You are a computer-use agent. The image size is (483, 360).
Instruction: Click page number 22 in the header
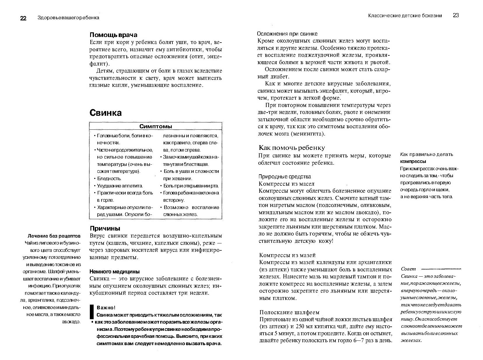(x=23, y=18)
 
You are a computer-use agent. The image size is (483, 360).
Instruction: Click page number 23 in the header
(x=456, y=15)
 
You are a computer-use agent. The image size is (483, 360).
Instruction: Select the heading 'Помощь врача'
(x=113, y=35)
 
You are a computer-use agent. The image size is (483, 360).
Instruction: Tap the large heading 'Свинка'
(x=105, y=113)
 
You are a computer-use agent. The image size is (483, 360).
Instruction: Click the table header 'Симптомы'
(x=155, y=126)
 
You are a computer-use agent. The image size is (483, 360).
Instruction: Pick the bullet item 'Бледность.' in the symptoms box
(x=109, y=178)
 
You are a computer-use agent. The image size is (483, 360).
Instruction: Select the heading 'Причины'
(x=105, y=228)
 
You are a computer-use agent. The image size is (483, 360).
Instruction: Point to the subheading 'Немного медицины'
(x=114, y=271)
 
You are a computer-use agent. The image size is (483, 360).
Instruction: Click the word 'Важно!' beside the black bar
(x=106, y=308)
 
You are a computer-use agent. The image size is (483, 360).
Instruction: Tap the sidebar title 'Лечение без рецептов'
(x=54, y=236)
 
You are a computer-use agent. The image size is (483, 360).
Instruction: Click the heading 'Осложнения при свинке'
(x=287, y=34)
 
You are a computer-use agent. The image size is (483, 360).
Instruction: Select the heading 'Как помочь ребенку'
(x=292, y=147)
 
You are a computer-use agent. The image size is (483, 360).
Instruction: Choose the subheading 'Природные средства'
(x=285, y=176)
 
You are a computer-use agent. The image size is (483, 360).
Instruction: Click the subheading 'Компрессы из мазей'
(x=287, y=255)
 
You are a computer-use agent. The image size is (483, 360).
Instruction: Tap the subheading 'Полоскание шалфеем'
(x=289, y=312)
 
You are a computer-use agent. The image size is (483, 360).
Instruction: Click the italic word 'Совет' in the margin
(x=408, y=269)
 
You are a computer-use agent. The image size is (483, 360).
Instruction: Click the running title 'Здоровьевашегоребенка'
(x=68, y=18)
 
